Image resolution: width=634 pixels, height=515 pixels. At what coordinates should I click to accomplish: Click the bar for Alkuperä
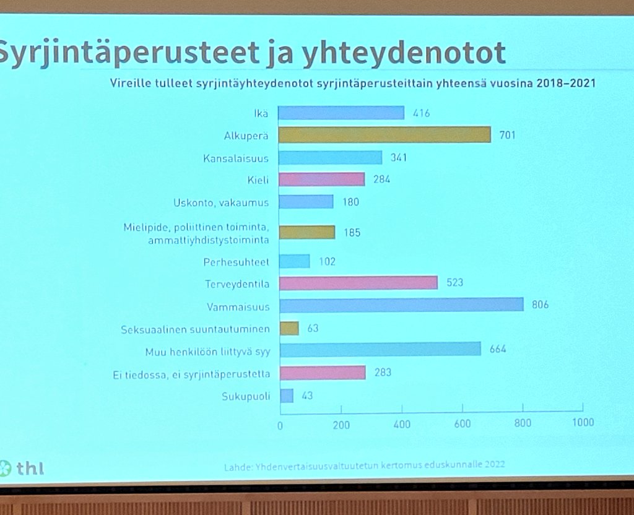384,135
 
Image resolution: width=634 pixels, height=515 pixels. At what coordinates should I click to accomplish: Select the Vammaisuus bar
401,305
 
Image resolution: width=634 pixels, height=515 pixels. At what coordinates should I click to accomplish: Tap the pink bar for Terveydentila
358,283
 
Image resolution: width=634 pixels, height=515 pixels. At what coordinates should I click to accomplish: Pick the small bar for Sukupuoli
286,396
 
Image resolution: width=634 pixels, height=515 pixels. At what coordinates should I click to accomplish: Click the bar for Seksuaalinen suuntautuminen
289,328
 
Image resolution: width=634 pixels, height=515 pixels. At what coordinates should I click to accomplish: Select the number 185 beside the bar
352,233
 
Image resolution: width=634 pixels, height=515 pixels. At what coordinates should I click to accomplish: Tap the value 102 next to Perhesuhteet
326,262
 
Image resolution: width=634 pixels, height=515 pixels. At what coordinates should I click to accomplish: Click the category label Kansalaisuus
235,158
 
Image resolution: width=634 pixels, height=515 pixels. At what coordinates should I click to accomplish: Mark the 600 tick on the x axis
462,424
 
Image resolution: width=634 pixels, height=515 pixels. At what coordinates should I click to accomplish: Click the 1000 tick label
582,423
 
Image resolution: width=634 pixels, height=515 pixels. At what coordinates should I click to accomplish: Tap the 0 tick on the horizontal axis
280,425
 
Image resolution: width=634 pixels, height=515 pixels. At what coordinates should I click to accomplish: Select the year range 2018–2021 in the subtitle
561,82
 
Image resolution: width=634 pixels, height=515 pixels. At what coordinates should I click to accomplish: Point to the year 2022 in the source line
492,464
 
